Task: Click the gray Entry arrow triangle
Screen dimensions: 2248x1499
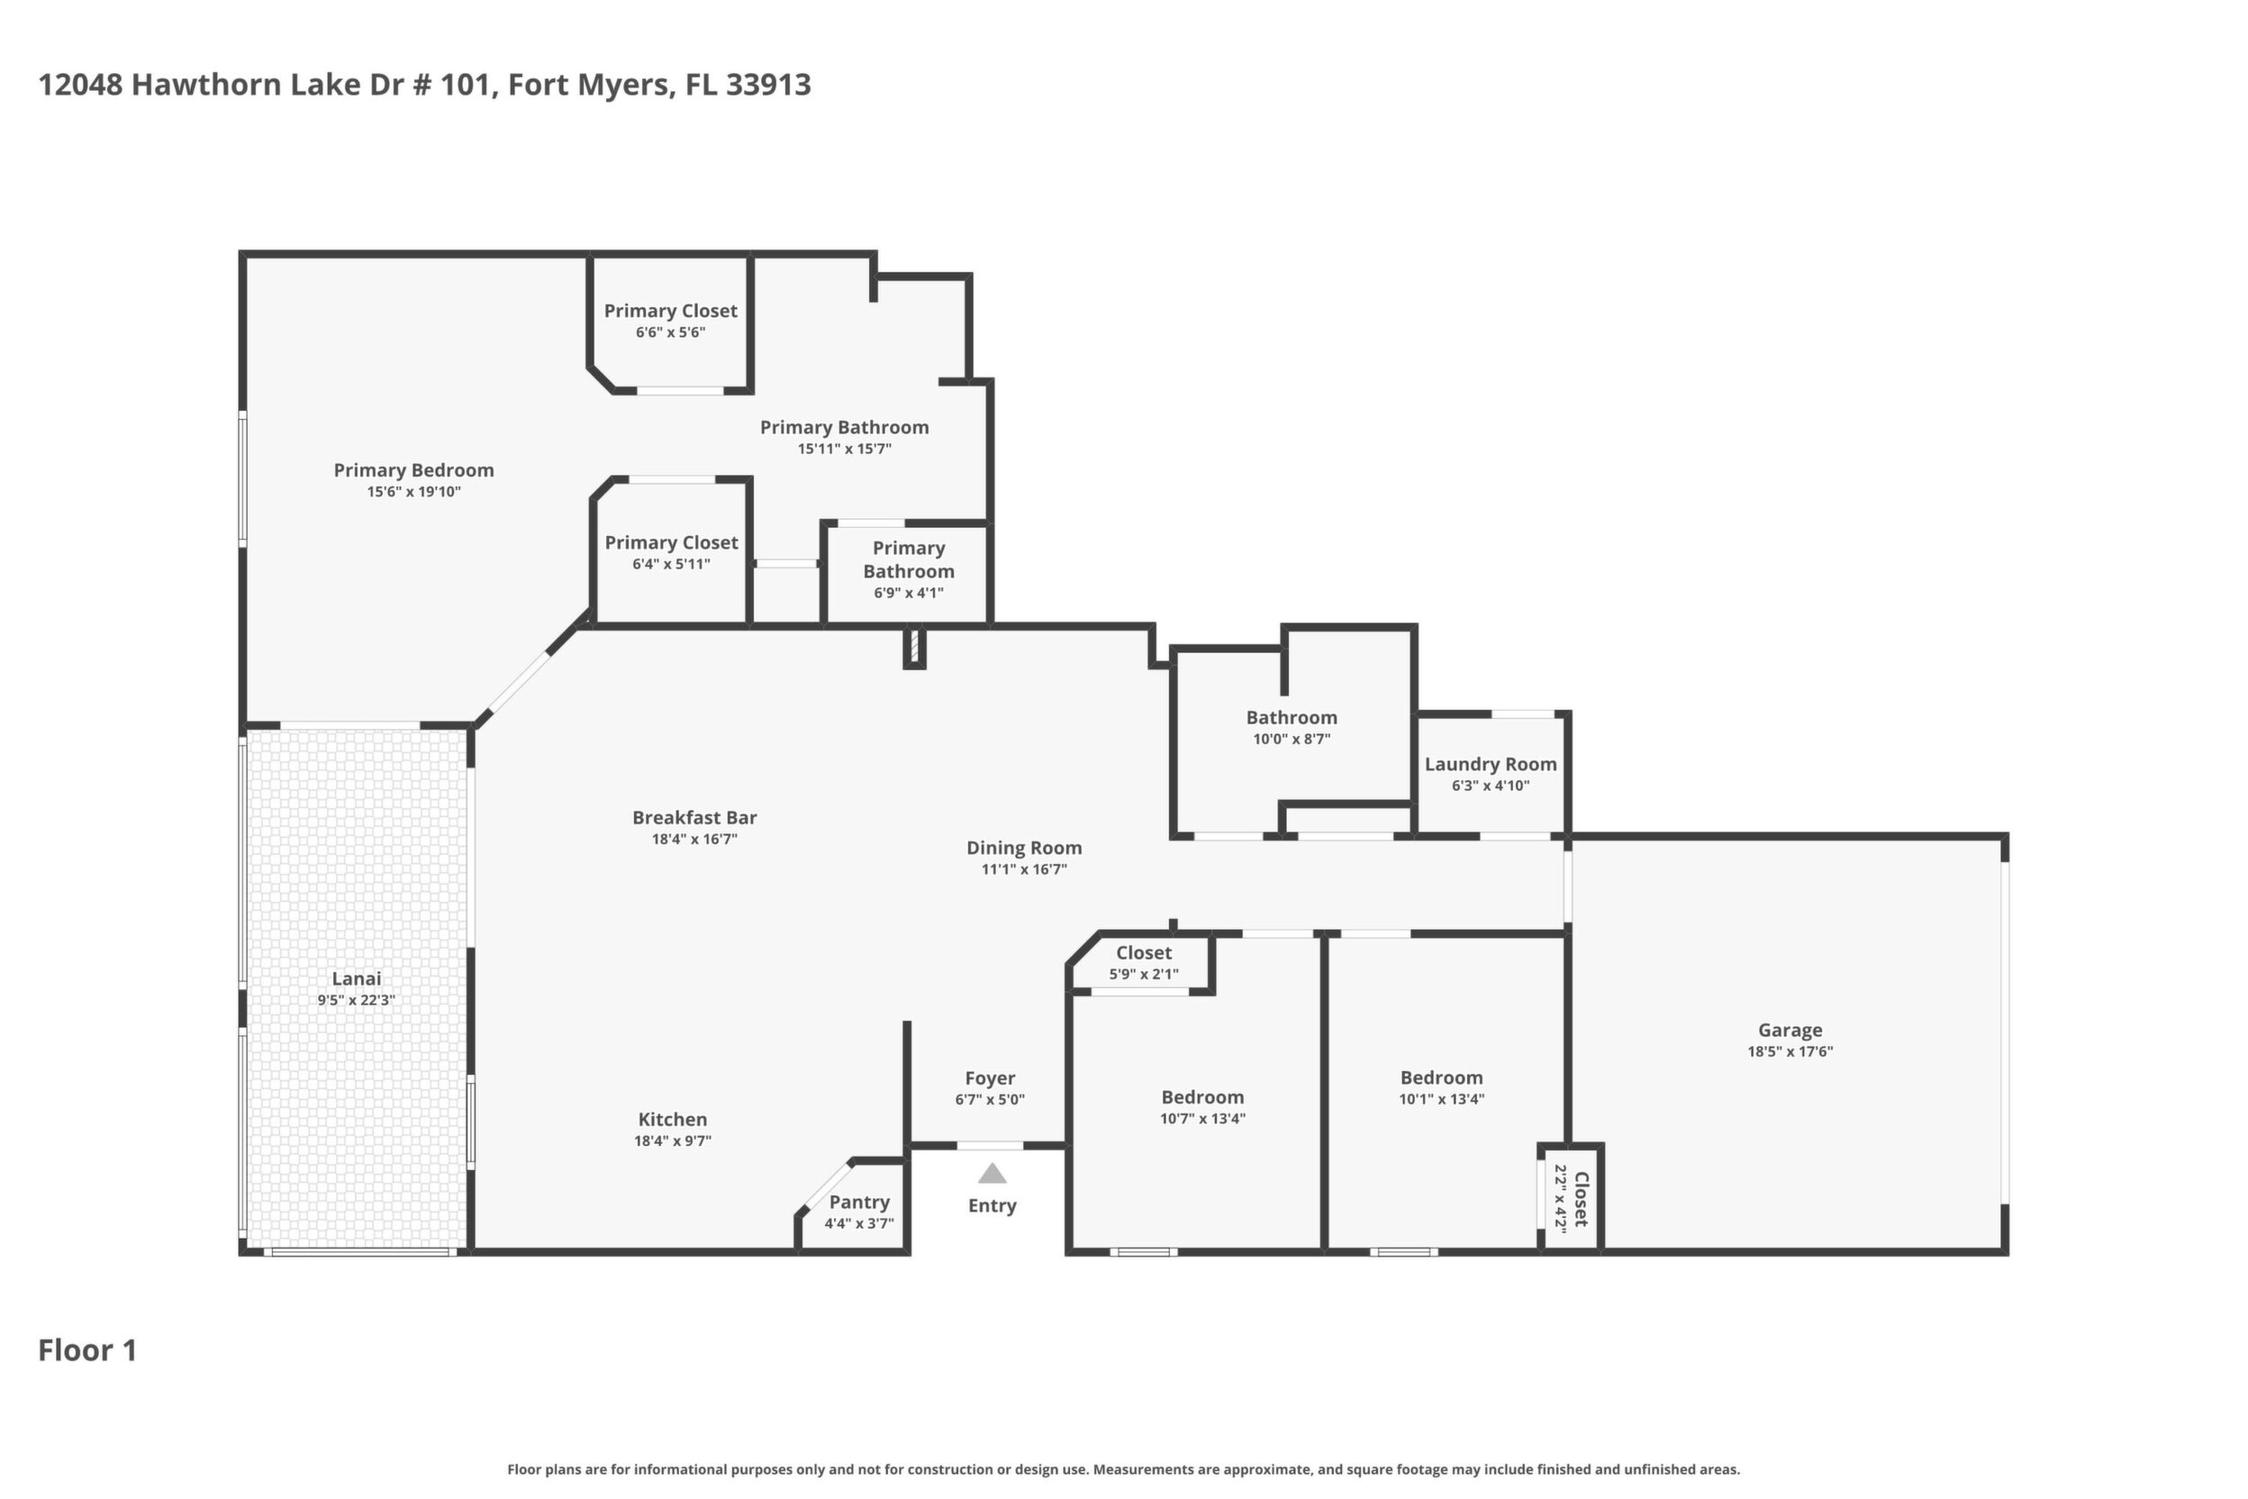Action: pyautogui.click(x=993, y=1173)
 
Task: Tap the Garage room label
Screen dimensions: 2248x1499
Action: pyautogui.click(x=1790, y=1030)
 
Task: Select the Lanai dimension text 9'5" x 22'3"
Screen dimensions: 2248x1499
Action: pyautogui.click(x=357, y=1000)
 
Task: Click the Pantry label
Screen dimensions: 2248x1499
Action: pyautogui.click(x=859, y=1202)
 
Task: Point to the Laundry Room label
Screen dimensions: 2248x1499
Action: pyautogui.click(x=1490, y=764)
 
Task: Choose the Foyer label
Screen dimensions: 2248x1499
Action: pyautogui.click(x=989, y=1078)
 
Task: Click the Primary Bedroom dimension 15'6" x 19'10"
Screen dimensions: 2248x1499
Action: pyautogui.click(x=414, y=491)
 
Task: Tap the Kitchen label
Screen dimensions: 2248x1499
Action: pyautogui.click(x=673, y=1119)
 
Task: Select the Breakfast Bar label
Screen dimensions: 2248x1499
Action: pyautogui.click(x=695, y=817)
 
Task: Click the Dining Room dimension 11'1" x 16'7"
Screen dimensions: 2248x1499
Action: pyautogui.click(x=1024, y=869)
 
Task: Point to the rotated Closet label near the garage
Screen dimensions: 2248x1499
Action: pyautogui.click(x=1581, y=1199)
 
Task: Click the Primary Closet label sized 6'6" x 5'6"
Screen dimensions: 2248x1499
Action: pyautogui.click(x=670, y=311)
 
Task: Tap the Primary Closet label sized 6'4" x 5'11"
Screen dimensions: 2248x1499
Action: pyautogui.click(x=671, y=542)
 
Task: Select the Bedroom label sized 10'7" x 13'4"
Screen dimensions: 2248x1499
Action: pyautogui.click(x=1202, y=1096)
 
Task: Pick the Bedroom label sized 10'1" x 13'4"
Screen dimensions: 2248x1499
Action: pyautogui.click(x=1441, y=1077)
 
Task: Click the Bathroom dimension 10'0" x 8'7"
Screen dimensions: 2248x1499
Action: pyautogui.click(x=1292, y=739)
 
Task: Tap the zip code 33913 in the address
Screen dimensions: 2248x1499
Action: pyautogui.click(x=767, y=84)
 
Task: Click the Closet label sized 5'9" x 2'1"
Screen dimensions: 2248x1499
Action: pyautogui.click(x=1143, y=952)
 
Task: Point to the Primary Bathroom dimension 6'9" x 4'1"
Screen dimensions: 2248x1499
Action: pyautogui.click(x=908, y=593)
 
